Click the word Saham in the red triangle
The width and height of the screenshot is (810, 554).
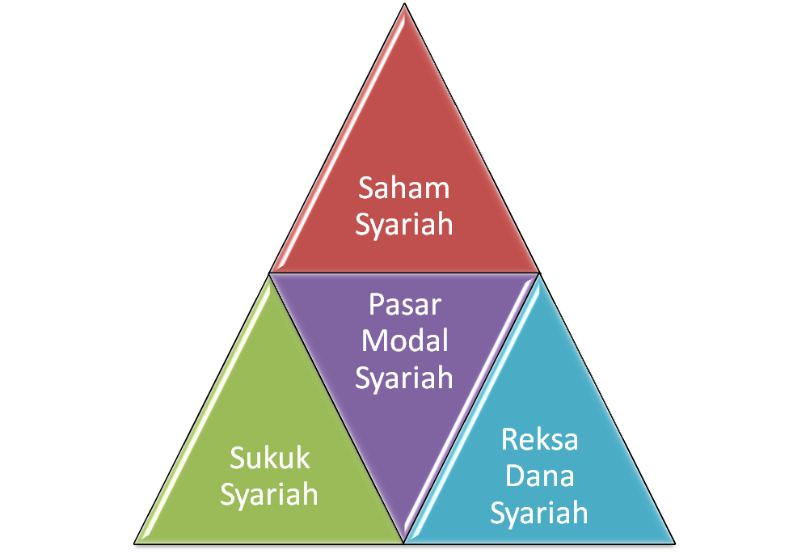pyautogui.click(x=403, y=188)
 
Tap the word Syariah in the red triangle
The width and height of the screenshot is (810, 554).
pyautogui.click(x=403, y=224)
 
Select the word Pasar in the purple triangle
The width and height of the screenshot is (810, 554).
pyautogui.click(x=404, y=306)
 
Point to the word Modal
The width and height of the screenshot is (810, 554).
pyautogui.click(x=404, y=340)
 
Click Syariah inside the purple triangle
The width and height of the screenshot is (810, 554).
pyautogui.click(x=404, y=377)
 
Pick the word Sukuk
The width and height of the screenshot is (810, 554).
pyautogui.click(x=269, y=459)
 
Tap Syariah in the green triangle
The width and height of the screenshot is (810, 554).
pyautogui.click(x=269, y=494)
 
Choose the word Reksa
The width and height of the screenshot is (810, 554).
pyautogui.click(x=539, y=441)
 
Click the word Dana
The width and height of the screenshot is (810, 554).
pyautogui.click(x=539, y=476)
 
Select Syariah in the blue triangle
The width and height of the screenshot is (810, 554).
pyautogui.click(x=539, y=513)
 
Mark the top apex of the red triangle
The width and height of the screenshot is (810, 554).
pyautogui.click(x=404, y=8)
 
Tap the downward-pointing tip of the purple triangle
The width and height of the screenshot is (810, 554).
pyautogui.click(x=404, y=538)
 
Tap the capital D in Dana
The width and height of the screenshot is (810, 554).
pyautogui.click(x=513, y=476)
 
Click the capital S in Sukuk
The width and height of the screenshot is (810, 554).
pyautogui.click(x=236, y=459)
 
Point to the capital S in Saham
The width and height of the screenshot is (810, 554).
pyautogui.click(x=365, y=188)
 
